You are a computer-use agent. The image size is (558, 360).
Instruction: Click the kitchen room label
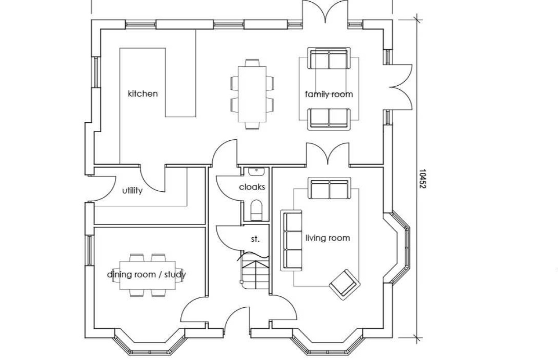point(143,94)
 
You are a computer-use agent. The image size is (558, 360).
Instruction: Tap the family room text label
point(329,94)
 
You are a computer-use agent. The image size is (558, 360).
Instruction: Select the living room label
point(327,238)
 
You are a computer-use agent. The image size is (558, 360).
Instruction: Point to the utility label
point(132,190)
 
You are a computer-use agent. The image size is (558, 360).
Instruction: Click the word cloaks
point(252,187)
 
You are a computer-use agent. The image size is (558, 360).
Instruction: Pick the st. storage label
point(255,239)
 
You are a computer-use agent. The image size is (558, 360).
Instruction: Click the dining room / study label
point(146,274)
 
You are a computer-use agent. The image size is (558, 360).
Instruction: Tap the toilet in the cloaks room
point(257,209)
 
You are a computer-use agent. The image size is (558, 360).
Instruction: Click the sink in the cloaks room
point(256,171)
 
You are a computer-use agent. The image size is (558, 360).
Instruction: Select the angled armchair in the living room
point(345,284)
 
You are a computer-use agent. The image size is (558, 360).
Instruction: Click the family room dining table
point(252,94)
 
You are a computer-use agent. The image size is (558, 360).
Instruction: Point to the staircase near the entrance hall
point(255,271)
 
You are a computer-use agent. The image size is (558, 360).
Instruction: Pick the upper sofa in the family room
point(329,59)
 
